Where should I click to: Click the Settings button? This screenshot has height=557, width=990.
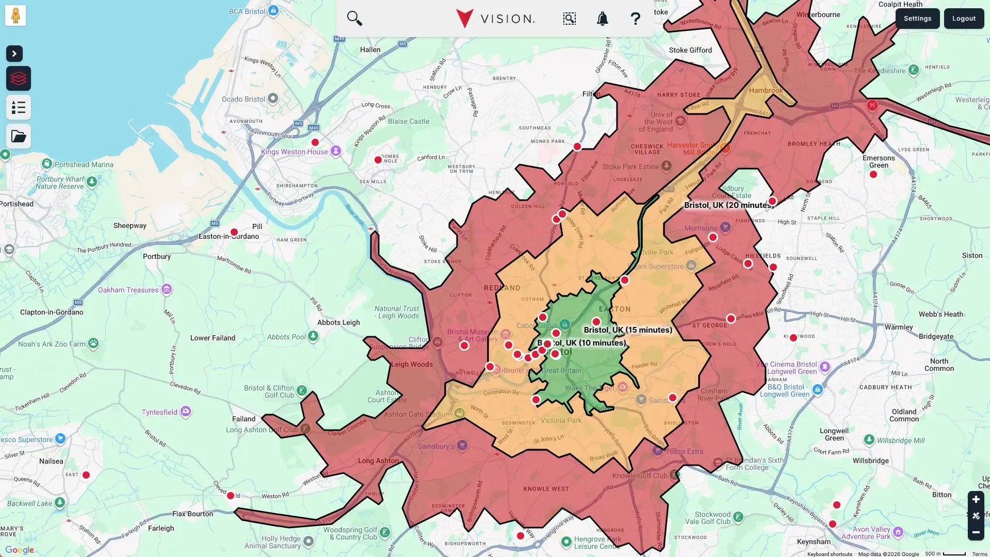917,19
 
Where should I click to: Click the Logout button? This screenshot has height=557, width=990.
963,19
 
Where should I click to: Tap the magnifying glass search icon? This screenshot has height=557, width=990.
354,19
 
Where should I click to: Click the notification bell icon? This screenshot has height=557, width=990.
602,19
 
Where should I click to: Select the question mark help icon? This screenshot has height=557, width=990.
635,19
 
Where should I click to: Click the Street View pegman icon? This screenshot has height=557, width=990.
15,15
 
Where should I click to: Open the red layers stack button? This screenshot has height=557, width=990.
19,78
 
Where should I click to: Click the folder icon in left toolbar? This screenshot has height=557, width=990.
19,136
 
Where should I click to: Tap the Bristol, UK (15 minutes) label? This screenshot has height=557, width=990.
628,330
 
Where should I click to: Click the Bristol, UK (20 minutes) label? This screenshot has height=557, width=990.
727,205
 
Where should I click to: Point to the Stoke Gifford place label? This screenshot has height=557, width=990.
690,50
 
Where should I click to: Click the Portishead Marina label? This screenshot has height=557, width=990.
84,165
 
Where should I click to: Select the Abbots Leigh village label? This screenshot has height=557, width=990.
338,322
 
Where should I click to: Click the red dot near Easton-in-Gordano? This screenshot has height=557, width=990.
234,232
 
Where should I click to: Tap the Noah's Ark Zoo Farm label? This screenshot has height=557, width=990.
52,344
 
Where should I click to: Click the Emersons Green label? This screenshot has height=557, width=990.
878,161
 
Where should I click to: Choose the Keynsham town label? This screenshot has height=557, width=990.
814,542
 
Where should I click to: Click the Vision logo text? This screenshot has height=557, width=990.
507,19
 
